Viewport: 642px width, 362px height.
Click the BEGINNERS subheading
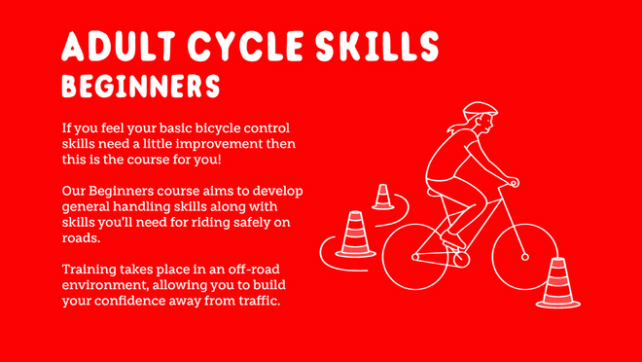[140, 87]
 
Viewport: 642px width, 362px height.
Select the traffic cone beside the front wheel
[557, 284]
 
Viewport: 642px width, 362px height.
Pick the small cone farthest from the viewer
[383, 198]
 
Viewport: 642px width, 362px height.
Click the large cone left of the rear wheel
[356, 236]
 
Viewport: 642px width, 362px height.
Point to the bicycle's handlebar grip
[514, 182]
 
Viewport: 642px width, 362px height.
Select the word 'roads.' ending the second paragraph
[80, 236]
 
